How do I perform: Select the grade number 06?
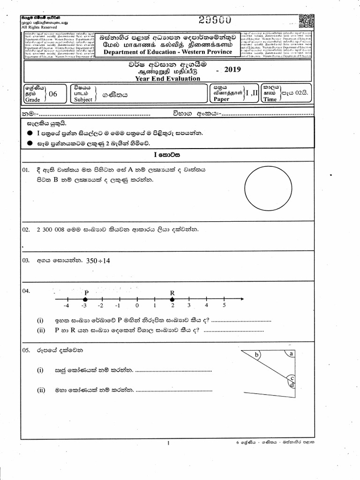(52, 94)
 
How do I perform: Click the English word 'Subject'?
(83, 99)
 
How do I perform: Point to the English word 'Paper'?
(222, 99)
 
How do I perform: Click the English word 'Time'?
(270, 99)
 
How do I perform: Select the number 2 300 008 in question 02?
(50, 229)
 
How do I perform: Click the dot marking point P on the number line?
(85, 299)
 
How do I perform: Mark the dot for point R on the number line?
(172, 299)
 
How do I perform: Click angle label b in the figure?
(256, 355)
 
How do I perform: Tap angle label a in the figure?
(292, 354)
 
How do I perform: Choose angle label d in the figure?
(292, 385)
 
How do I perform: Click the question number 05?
(26, 350)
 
